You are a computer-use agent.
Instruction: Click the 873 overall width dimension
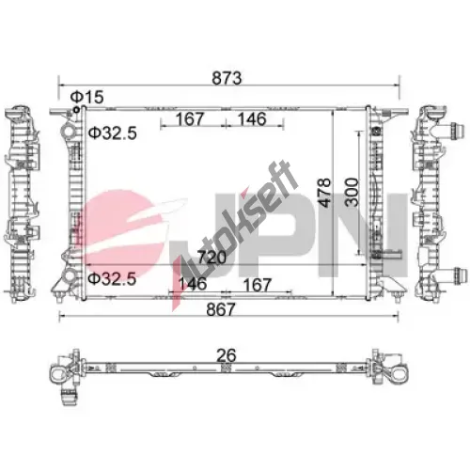pos(227,78)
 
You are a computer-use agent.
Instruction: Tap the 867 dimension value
pos(221,309)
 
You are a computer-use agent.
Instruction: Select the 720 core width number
pos(211,258)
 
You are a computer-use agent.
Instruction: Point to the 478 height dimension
pos(324,193)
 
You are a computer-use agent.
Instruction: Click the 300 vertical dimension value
pos(352,192)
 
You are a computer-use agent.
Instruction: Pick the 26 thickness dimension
pos(227,355)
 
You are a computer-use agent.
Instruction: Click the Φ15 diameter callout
pos(86,97)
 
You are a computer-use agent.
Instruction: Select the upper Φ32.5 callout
pos(112,133)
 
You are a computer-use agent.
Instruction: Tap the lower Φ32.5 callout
pos(112,279)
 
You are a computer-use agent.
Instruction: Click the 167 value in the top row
pos(190,119)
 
